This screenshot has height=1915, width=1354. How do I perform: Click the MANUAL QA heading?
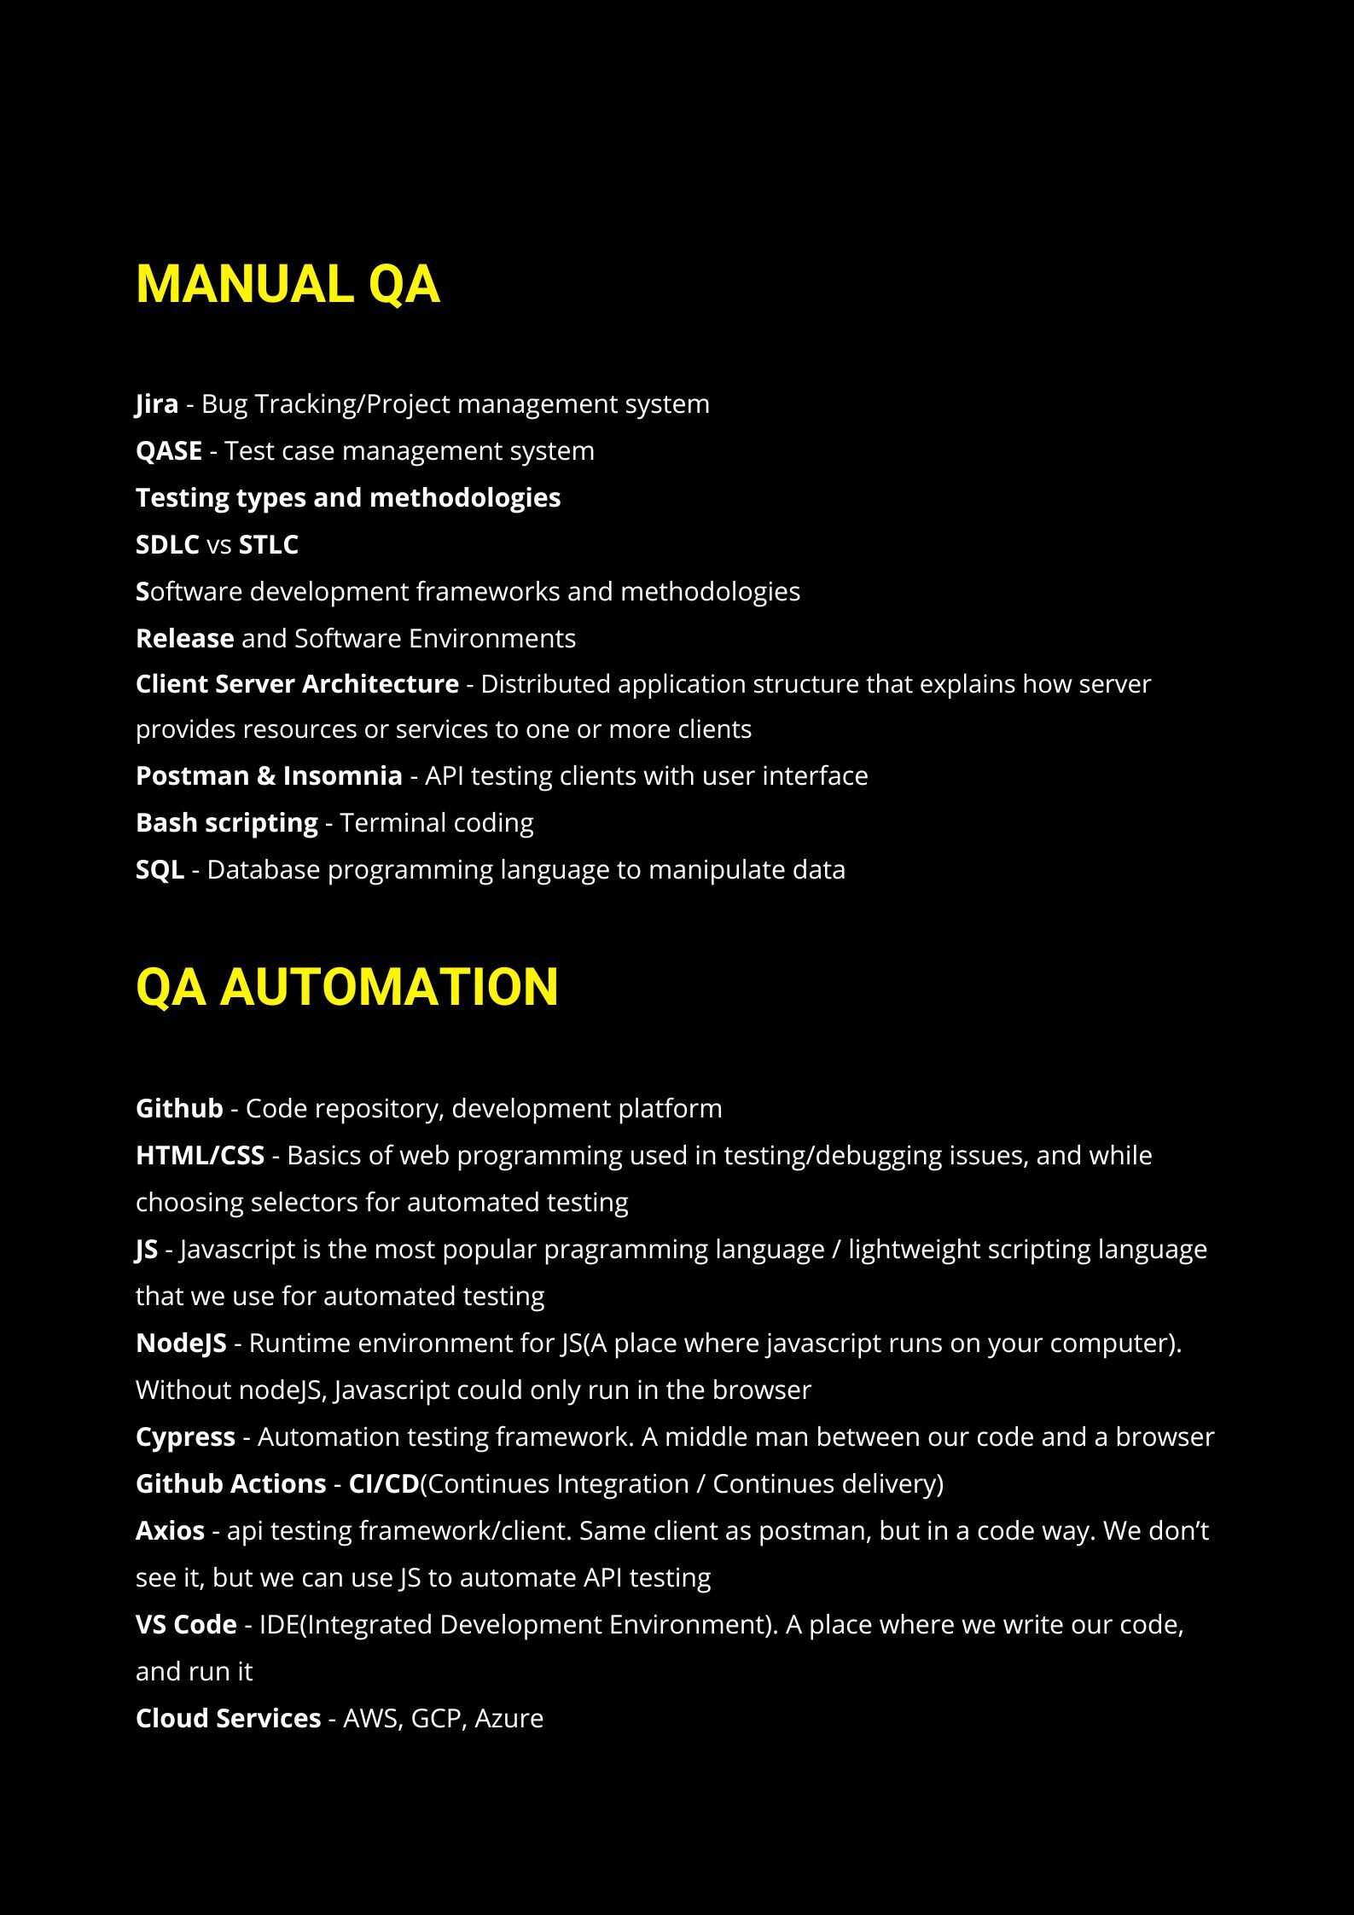288,284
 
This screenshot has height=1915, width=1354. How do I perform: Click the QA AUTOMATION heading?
346,987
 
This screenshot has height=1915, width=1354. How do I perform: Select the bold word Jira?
157,403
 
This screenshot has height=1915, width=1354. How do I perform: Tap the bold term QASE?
169,450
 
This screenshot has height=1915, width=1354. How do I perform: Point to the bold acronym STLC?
268,544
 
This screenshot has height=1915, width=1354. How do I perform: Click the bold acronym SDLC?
167,544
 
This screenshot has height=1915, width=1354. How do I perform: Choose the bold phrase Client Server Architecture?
297,684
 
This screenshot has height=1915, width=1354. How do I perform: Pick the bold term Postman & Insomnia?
269,775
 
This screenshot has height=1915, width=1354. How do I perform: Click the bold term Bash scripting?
226,822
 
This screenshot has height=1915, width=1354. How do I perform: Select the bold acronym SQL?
160,869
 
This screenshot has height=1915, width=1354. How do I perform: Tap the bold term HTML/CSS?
200,1155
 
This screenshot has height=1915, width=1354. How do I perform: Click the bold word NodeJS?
181,1343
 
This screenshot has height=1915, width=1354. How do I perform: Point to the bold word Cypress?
185,1436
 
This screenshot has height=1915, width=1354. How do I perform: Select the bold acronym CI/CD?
383,1483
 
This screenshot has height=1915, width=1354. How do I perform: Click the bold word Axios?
170,1530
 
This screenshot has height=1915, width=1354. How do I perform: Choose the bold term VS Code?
186,1624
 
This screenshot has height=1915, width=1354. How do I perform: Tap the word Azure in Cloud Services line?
508,1718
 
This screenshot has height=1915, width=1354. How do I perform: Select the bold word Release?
184,638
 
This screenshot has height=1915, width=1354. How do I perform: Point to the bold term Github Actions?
230,1483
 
